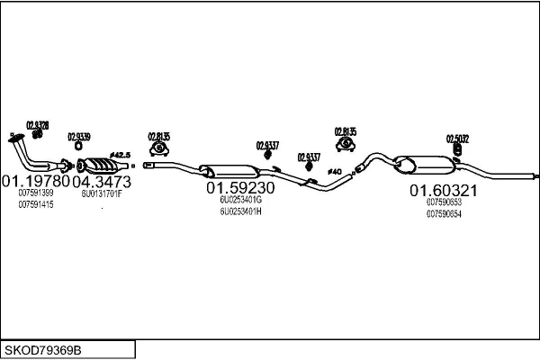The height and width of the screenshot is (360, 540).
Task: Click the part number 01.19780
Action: [x=35, y=181]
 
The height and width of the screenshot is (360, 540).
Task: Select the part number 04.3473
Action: [x=102, y=181]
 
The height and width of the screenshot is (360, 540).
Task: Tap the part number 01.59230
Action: [x=240, y=189]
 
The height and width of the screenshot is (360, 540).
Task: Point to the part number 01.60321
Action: [x=444, y=190]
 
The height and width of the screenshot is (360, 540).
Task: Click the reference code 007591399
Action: [x=35, y=193]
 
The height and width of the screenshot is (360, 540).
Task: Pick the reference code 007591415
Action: [x=35, y=204]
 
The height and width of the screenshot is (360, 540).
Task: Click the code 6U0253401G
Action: [x=240, y=202]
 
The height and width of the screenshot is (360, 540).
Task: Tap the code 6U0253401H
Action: [x=240, y=212]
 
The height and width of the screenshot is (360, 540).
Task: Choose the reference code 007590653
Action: [x=445, y=202]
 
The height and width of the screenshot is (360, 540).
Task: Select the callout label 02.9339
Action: [x=78, y=137]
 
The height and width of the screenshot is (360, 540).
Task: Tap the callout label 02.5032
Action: [x=457, y=139]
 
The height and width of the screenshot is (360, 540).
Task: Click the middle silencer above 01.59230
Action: [x=225, y=170]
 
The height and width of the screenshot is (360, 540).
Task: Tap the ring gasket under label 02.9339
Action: [x=78, y=147]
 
